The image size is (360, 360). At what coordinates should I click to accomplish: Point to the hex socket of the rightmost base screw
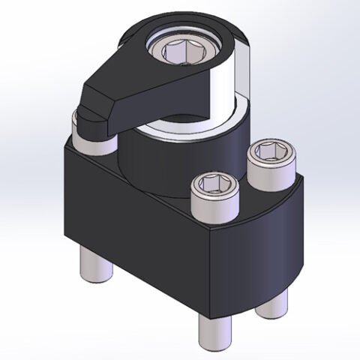pos(269,153)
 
